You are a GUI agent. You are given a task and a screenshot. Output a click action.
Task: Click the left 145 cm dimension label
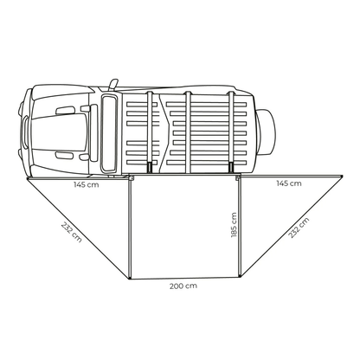click(86, 184)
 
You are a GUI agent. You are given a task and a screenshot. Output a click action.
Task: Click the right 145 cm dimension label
click(289, 183)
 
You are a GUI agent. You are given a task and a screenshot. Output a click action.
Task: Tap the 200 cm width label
click(183, 286)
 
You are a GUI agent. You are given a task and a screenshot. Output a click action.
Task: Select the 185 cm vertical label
click(234, 225)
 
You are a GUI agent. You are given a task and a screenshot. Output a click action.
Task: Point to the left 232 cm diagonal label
click(71, 232)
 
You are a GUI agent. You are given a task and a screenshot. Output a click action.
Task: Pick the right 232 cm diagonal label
click(299, 228)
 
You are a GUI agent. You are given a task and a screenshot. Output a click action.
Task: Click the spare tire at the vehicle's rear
click(266, 132)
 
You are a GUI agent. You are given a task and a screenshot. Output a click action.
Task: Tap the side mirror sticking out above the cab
click(113, 84)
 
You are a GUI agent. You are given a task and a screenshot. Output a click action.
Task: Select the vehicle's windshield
click(109, 133)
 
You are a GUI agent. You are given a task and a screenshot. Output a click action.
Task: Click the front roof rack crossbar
click(150, 132)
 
